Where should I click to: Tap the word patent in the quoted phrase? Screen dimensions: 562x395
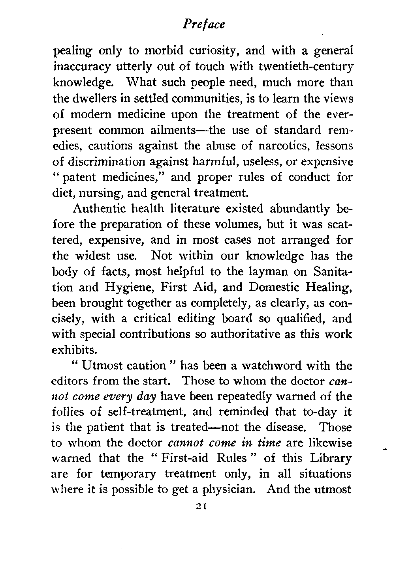(79, 178)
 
